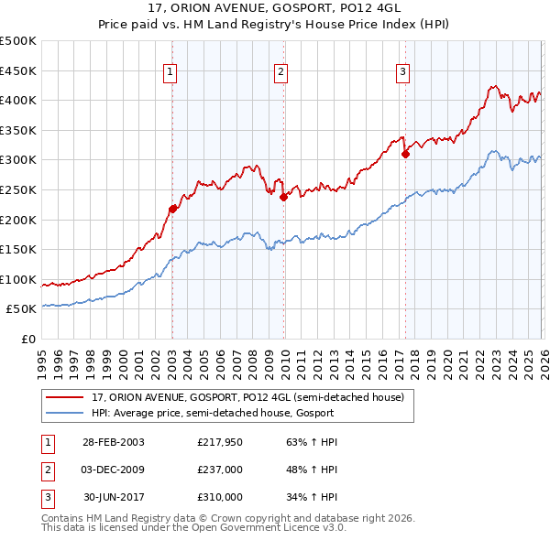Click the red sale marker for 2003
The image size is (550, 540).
point(172,209)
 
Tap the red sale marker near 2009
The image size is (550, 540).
point(283,197)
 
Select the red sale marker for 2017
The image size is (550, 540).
point(405,154)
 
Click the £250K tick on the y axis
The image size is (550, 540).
point(18,189)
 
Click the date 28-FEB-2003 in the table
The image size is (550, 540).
point(113,442)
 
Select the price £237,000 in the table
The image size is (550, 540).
point(219,470)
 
